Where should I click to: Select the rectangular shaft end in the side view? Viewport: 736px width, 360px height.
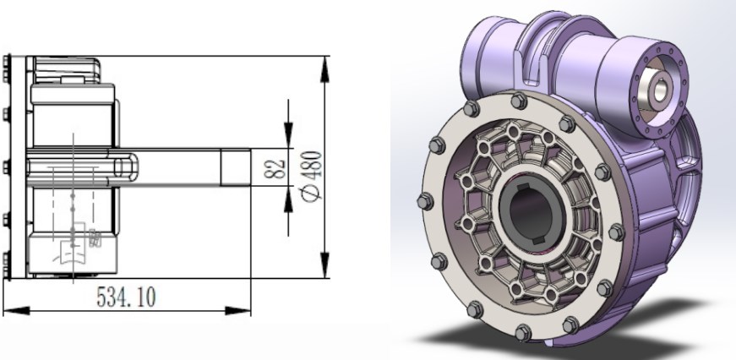[x=237, y=167]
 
